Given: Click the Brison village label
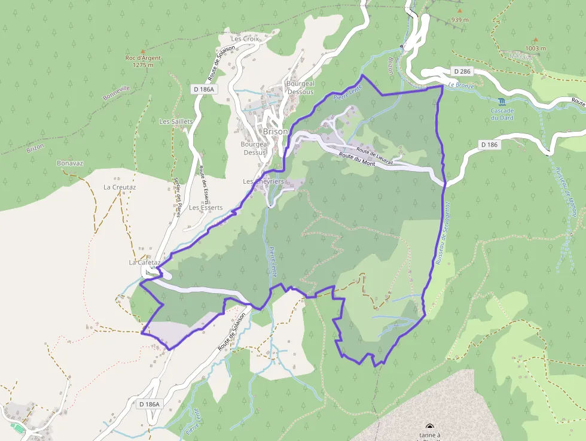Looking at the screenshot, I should [276, 132].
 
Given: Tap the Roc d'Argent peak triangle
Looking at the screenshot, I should [142, 51].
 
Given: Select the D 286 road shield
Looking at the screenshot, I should [462, 71].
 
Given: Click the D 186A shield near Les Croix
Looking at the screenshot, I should [204, 89].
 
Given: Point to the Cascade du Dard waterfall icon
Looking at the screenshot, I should [501, 101].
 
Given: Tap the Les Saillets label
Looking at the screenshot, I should [176, 121].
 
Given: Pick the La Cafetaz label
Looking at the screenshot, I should [145, 263].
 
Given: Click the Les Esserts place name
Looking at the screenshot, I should [206, 208].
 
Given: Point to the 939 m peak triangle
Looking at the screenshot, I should [459, 11].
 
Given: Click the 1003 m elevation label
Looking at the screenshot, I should [536, 48].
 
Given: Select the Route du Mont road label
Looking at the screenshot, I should [356, 159].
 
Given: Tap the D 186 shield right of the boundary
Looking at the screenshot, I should [489, 144].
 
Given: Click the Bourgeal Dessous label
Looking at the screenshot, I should [300, 88].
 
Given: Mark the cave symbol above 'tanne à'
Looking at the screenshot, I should [429, 426].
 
